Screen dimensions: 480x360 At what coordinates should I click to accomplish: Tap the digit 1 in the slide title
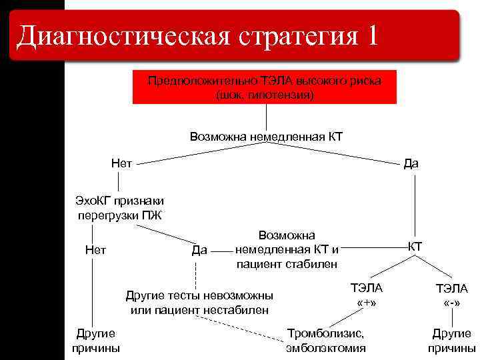[371, 35]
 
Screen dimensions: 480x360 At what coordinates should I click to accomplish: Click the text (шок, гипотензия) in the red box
[265, 95]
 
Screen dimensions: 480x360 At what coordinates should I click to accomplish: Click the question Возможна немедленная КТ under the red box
[266, 137]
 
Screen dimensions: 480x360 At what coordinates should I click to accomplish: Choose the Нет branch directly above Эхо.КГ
[122, 163]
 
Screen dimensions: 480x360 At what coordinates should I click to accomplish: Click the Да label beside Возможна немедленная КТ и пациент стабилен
[199, 251]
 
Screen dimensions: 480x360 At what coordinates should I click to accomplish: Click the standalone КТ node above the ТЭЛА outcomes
[415, 246]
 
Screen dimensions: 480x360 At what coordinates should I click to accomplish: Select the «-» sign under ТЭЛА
[451, 303]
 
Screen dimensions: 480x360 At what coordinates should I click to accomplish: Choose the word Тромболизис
[325, 333]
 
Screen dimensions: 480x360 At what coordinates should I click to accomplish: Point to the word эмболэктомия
[325, 348]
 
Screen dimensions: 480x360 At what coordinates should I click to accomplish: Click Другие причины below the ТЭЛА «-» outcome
[451, 341]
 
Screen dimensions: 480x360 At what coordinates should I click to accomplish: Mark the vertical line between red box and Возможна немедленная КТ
[266, 117]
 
